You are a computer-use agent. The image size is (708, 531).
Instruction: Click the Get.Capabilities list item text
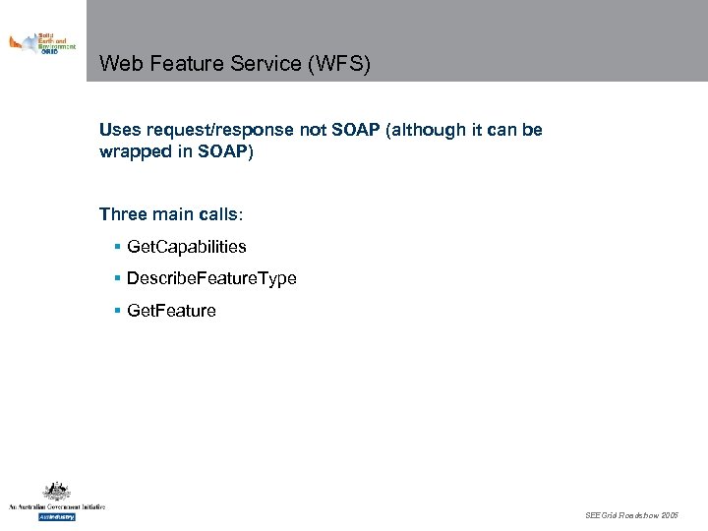click(x=187, y=247)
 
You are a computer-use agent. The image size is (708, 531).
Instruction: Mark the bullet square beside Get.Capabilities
click(x=117, y=247)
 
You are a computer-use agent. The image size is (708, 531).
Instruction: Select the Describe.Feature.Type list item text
click(x=211, y=278)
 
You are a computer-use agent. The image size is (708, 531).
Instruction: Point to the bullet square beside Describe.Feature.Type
click(x=117, y=278)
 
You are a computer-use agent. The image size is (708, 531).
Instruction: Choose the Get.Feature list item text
click(x=171, y=311)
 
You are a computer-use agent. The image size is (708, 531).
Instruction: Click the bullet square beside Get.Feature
click(x=117, y=311)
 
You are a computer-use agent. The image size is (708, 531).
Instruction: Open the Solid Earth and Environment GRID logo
click(x=42, y=43)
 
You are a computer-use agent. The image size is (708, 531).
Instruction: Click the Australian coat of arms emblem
click(x=56, y=492)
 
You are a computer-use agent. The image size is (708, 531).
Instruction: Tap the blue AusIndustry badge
click(x=56, y=516)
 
